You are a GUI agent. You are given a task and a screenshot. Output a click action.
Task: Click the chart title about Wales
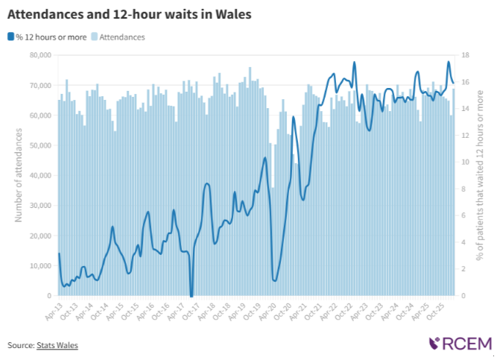pos(129,14)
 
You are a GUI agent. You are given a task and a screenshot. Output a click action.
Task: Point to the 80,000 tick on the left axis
pos(37,55)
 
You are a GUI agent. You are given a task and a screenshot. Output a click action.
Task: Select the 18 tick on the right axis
pos(464,55)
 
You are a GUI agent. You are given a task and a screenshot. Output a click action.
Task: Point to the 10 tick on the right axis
pos(464,162)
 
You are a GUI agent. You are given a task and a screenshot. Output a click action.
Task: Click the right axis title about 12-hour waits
pos(481,175)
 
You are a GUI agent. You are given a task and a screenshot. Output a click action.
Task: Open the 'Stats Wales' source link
pos(57,345)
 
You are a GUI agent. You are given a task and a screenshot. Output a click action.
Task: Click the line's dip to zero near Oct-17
pos(192,295)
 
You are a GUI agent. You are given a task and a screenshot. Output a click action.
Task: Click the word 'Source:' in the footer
pos(20,345)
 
